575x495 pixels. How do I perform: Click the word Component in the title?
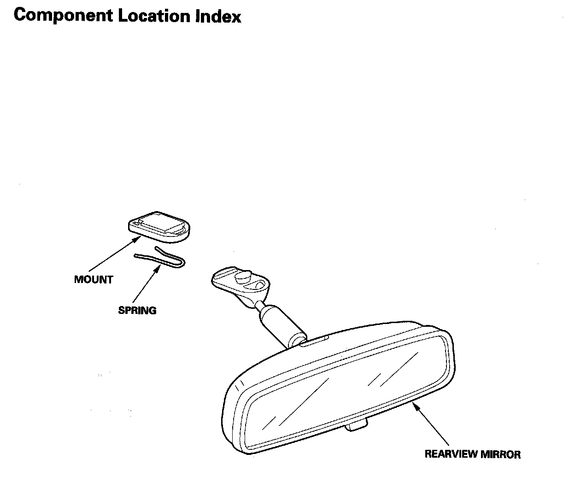coord(64,16)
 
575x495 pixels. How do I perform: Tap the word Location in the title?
coord(154,16)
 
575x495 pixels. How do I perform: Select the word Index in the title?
coord(218,16)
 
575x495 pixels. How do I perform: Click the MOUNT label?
coord(94,280)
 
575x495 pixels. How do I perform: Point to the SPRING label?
coord(137,311)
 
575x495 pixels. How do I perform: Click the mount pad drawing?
coord(159,227)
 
